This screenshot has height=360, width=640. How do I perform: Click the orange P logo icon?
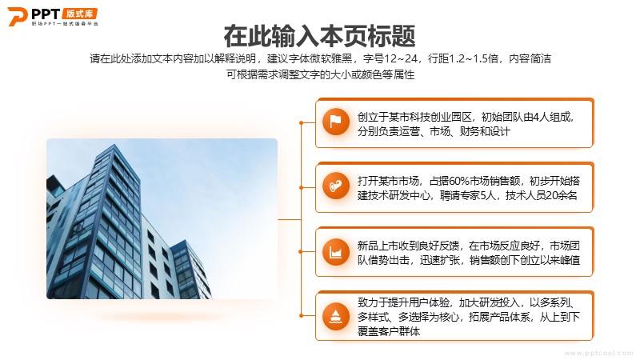[17, 17]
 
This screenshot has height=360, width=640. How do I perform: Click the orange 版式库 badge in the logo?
[80, 13]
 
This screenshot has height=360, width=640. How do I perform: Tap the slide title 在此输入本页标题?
[319, 36]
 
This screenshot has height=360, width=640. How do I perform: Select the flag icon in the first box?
[335, 122]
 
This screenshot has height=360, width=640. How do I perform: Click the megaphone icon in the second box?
[335, 186]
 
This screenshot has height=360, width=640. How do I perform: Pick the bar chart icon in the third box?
[335, 252]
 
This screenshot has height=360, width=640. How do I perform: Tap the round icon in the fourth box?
[335, 316]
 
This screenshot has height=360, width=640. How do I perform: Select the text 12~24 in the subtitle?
[401, 58]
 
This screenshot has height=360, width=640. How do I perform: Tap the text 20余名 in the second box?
[562, 195]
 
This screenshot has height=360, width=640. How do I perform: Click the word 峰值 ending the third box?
[570, 260]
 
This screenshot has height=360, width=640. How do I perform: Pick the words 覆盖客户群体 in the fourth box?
[389, 331]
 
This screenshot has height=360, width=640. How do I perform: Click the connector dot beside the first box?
[302, 122]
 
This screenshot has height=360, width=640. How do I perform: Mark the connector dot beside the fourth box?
[302, 315]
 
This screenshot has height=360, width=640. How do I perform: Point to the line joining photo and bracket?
[290, 219]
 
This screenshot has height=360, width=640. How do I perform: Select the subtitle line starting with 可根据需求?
[321, 74]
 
